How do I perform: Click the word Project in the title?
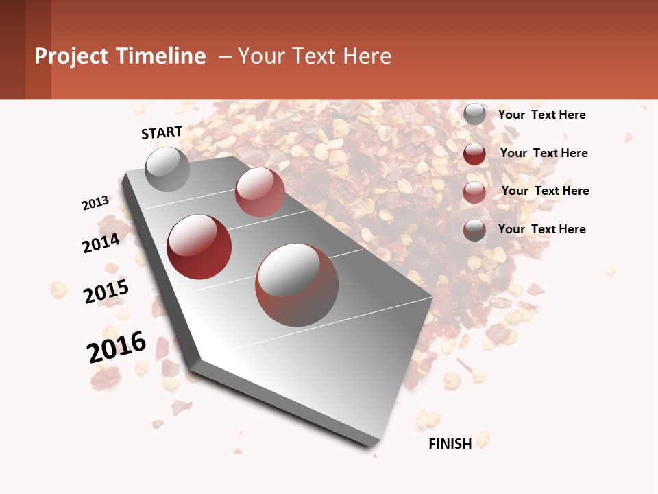coord(72,56)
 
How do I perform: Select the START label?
coord(162,132)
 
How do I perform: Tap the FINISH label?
coord(450,444)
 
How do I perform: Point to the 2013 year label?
coord(96,203)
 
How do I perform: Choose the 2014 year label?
coord(101,243)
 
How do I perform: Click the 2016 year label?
coord(117,347)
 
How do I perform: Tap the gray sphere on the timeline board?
coord(167,169)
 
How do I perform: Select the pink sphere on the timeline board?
coord(260,192)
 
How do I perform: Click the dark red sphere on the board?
coord(199,247)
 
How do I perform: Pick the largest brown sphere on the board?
coord(297,285)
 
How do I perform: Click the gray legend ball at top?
coord(474,115)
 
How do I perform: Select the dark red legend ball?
coord(474,154)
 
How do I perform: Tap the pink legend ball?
coord(474,192)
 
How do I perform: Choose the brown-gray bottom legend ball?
coord(474,230)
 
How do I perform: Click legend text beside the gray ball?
coord(541,115)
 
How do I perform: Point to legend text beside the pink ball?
coord(545,191)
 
